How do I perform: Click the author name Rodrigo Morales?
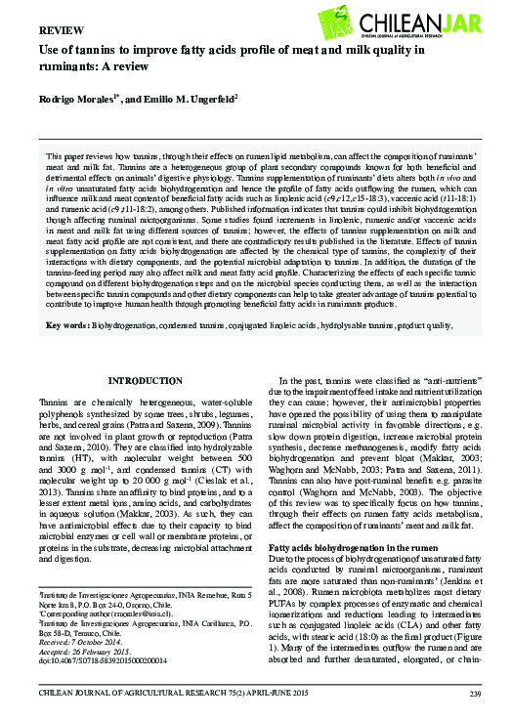click(x=78, y=102)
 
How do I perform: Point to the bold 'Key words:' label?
click(x=68, y=325)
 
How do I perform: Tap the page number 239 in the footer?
click(x=476, y=695)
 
